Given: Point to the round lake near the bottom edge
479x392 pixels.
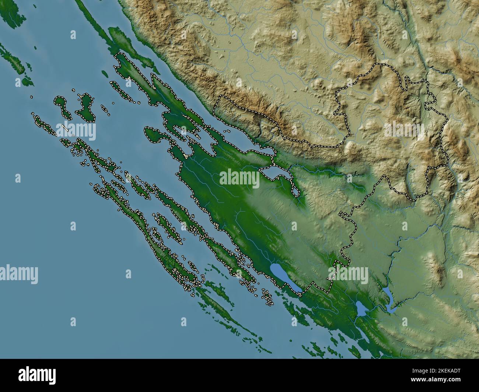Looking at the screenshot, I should pos(361,308).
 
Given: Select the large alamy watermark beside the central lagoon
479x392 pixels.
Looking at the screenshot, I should pos(239,178).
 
